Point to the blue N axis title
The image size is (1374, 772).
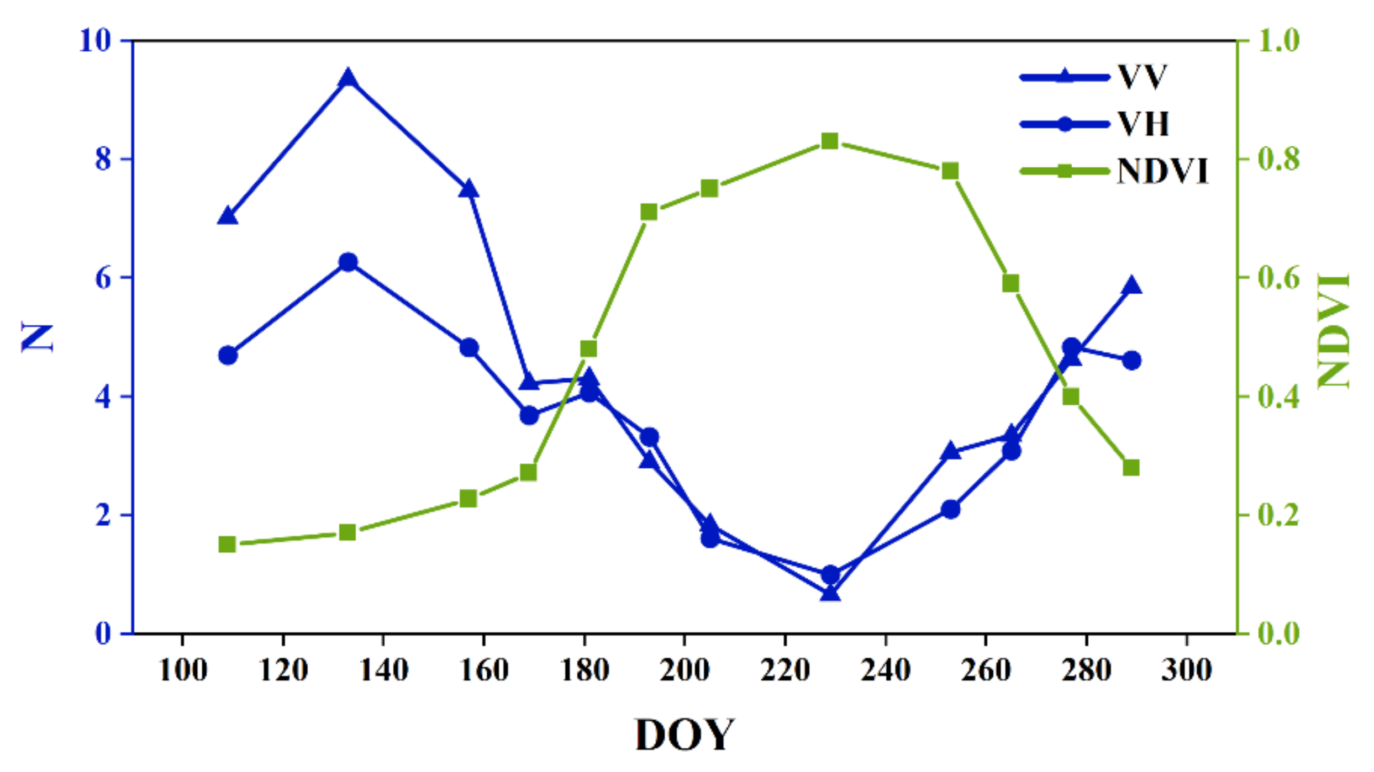[38, 337]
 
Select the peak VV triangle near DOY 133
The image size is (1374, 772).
[348, 79]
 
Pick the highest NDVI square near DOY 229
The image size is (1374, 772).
[830, 141]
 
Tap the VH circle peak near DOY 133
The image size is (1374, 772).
[348, 262]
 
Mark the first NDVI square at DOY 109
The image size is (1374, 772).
[228, 545]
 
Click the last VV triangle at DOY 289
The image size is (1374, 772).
[1131, 286]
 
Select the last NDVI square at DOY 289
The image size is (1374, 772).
[1131, 468]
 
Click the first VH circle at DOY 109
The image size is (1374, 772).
[228, 356]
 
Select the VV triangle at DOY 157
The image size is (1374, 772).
[469, 189]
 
